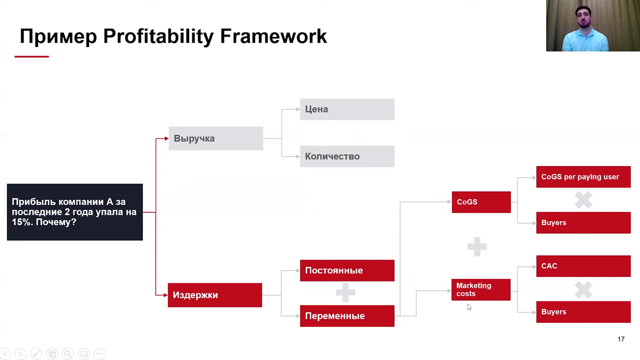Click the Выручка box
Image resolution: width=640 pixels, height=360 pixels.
(215, 138)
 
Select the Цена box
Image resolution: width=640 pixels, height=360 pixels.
(347, 109)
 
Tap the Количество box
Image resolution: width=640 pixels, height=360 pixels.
(347, 156)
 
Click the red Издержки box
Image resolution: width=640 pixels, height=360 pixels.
(215, 295)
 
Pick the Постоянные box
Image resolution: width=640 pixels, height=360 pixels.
(347, 270)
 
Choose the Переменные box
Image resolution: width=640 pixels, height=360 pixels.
(347, 315)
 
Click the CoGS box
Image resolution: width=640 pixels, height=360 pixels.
(481, 202)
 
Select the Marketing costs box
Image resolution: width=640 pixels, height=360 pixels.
(481, 289)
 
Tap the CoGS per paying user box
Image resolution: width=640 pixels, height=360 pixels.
(583, 177)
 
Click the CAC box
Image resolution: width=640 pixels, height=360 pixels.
(583, 266)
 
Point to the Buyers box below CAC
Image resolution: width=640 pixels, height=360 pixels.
(583, 311)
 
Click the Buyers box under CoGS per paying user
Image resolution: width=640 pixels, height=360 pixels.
(583, 222)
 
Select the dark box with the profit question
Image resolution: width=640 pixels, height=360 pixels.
(75, 212)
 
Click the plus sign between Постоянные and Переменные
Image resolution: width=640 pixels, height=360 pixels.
(345, 292)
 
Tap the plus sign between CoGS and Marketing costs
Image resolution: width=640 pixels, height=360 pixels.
(477, 246)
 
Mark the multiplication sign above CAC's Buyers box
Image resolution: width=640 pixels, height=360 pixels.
(583, 289)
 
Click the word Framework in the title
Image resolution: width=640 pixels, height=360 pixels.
(273, 36)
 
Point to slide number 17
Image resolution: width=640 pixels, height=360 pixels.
(621, 339)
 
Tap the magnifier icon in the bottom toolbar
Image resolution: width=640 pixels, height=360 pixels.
(68, 353)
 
